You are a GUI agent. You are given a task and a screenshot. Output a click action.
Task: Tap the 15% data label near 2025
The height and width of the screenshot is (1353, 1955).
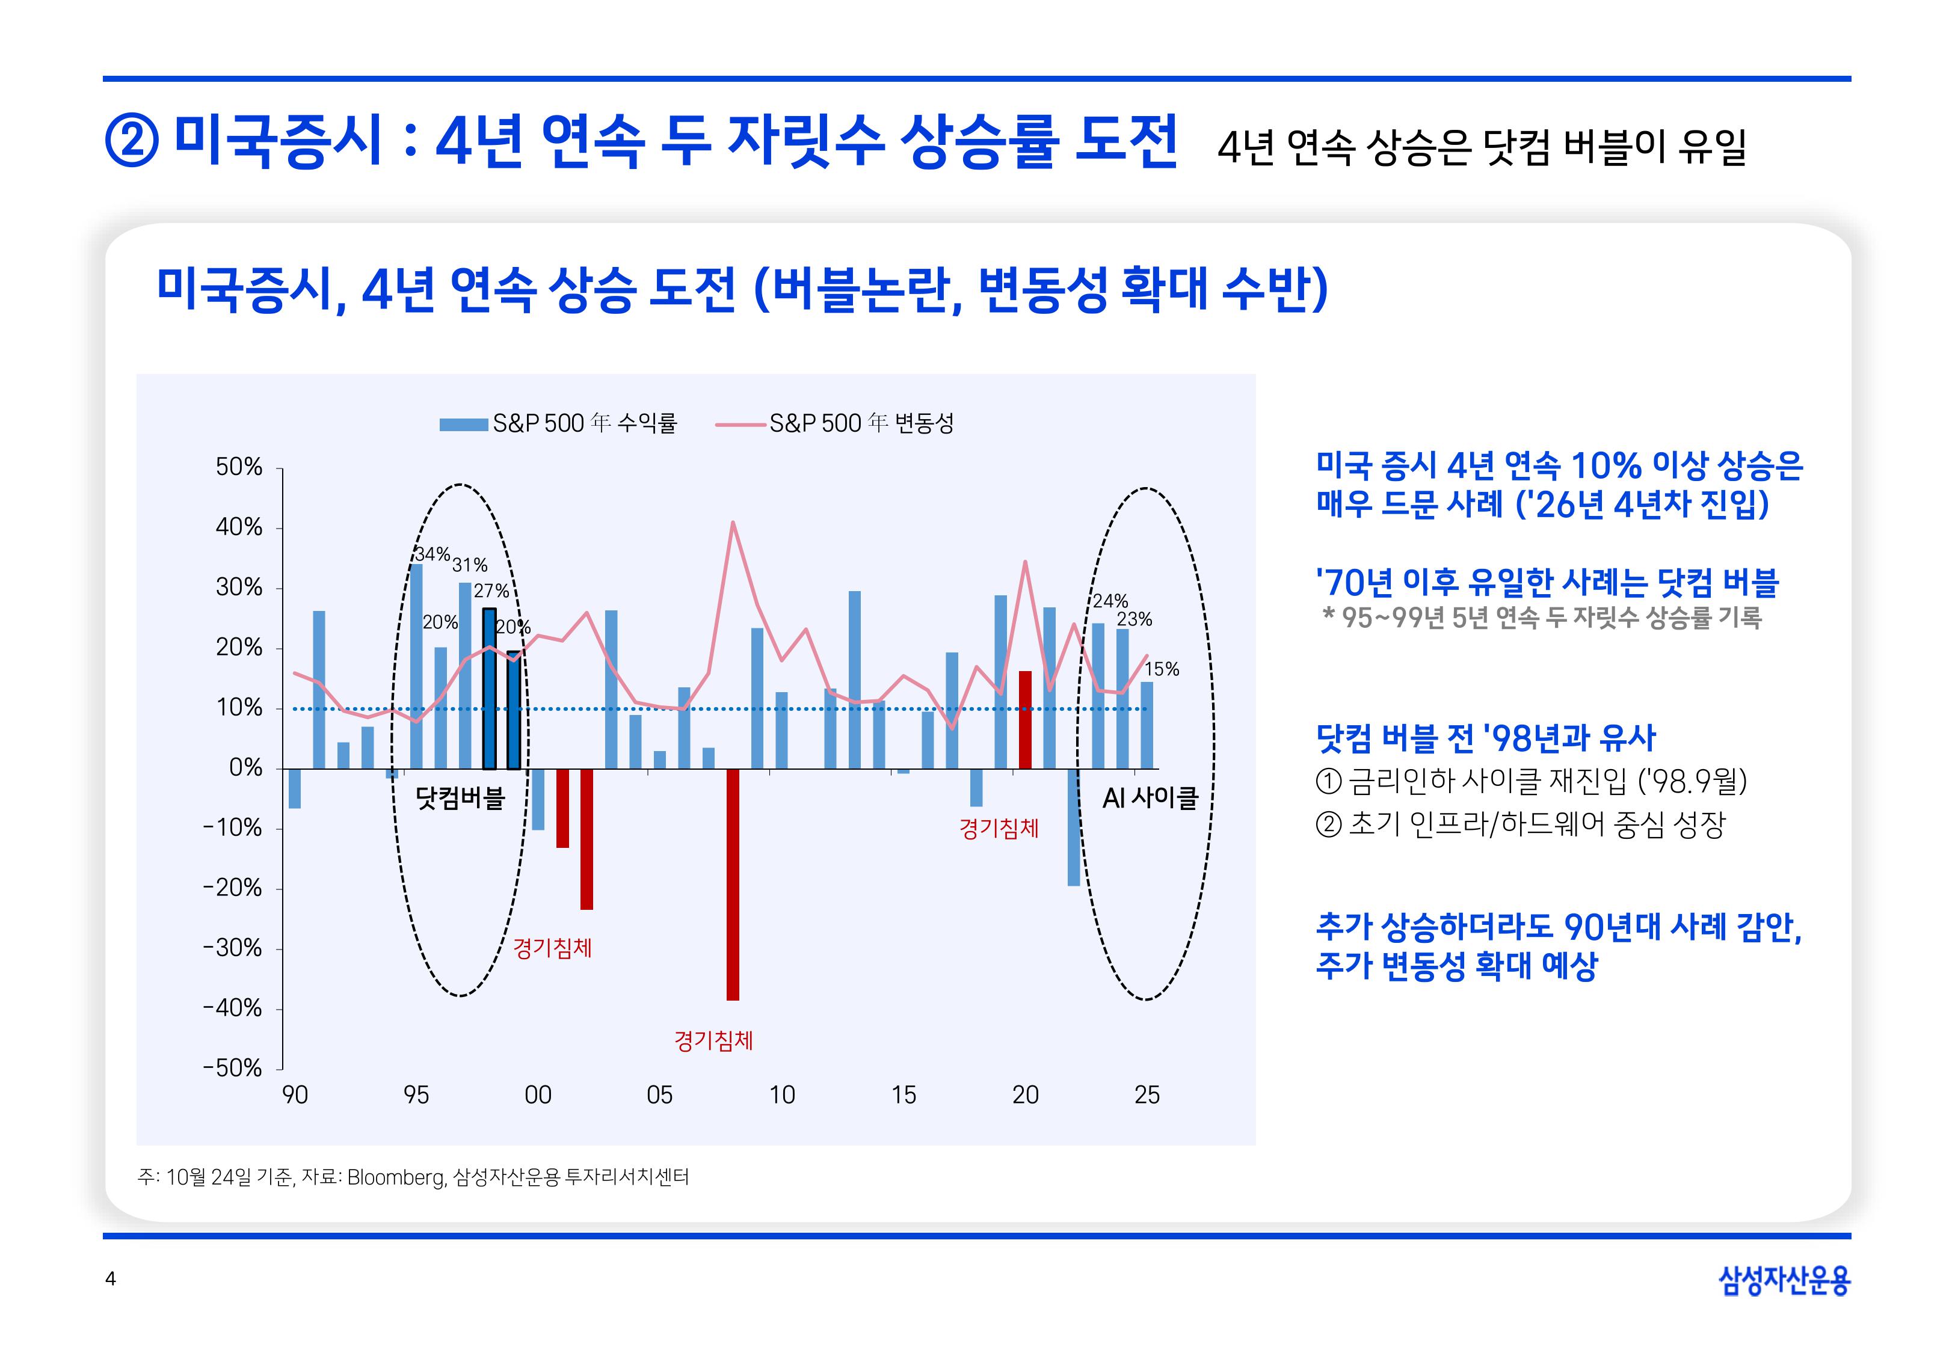(1162, 669)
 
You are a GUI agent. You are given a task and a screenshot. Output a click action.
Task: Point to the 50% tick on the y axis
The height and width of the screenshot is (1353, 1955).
(239, 467)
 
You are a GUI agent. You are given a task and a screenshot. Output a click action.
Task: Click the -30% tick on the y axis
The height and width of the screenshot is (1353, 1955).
(232, 948)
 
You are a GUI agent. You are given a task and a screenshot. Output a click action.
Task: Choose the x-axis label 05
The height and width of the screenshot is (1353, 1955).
(659, 1095)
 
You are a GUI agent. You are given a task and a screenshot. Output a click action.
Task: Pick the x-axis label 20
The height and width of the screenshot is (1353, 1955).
(1025, 1095)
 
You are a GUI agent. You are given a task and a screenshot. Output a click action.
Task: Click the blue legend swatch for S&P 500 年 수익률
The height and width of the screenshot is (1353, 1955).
(463, 424)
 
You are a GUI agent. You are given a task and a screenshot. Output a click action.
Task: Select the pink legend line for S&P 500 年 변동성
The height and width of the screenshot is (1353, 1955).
(740, 424)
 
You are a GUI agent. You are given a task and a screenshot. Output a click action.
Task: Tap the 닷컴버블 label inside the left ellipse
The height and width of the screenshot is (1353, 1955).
(460, 798)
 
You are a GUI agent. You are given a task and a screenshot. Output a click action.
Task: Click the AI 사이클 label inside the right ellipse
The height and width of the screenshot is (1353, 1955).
(1150, 798)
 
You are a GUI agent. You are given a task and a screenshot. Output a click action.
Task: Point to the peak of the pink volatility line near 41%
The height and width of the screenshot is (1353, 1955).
(733, 523)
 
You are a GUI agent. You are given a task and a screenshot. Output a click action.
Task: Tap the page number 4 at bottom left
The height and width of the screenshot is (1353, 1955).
(110, 1278)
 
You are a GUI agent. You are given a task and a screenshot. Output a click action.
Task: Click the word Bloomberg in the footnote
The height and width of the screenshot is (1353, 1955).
(396, 1177)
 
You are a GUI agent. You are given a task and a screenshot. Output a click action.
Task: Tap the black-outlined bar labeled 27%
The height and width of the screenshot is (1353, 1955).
(489, 689)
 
